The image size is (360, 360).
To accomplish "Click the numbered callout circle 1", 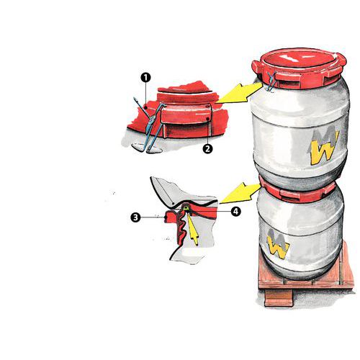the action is coord(145,78).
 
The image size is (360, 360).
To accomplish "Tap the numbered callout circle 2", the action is coord(207,148).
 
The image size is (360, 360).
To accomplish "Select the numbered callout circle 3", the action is coord(135,217).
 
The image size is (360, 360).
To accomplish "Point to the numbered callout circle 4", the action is coord(236,212).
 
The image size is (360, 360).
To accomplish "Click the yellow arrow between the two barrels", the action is coord(240,193).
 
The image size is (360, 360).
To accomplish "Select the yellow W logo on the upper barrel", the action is coord(325,149).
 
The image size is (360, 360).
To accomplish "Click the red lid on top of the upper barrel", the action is coord(300,65).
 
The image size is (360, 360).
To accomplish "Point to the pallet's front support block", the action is coord(279,297).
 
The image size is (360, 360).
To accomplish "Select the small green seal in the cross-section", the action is coord(185,208).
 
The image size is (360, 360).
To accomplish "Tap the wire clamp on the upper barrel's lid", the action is coord(271,81).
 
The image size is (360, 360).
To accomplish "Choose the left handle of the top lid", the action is coord(257,66).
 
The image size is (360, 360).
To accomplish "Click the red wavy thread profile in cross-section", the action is coord(181,228).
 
